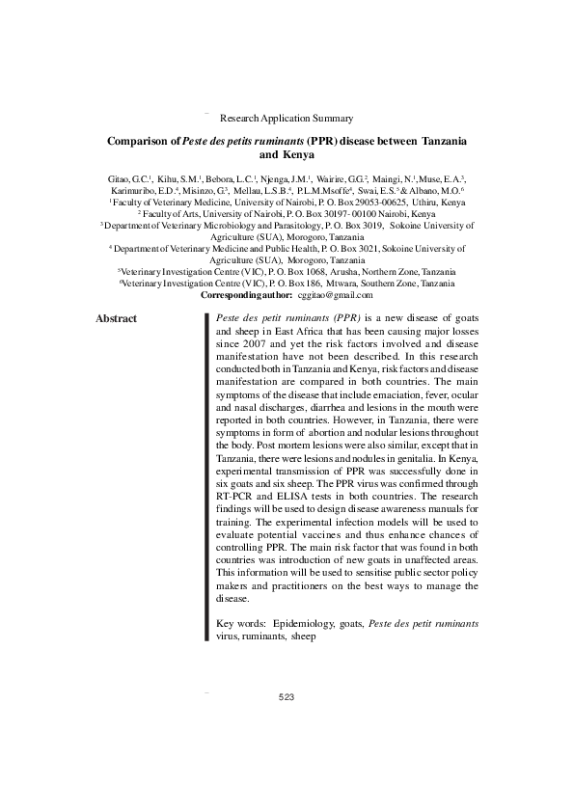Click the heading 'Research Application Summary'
click(x=287, y=118)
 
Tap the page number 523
click(x=286, y=696)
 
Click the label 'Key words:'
click(x=240, y=624)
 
